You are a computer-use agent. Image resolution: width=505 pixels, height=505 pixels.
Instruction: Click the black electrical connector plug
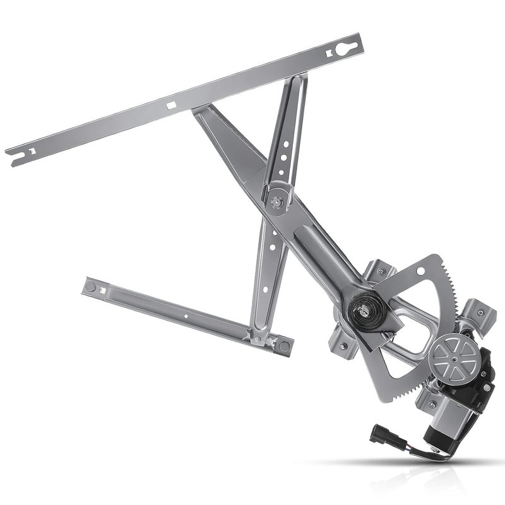pos(386,435)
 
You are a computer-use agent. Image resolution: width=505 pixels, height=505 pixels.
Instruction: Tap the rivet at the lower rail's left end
pos(91,287)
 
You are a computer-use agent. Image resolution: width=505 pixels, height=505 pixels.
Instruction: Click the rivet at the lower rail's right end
pos(284,345)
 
